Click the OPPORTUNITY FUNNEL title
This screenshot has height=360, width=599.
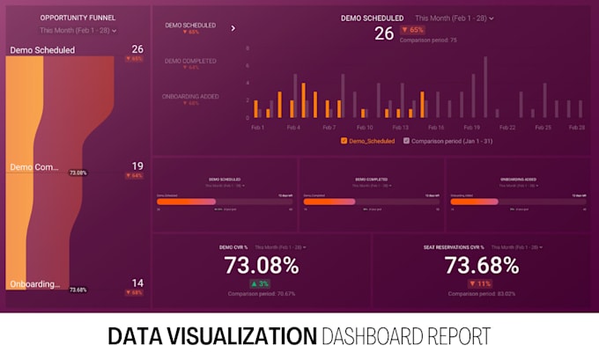click(x=77, y=18)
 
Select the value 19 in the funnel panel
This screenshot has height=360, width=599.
click(x=137, y=165)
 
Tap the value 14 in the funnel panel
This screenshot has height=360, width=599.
click(x=137, y=283)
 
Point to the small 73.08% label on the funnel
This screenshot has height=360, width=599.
click(x=78, y=173)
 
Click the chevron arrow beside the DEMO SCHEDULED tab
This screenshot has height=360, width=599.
click(x=233, y=28)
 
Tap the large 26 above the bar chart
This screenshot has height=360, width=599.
click(x=384, y=33)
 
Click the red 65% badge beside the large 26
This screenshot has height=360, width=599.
click(x=411, y=30)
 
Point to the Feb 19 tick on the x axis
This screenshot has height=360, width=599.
click(x=472, y=128)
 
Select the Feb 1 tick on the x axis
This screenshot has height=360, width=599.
click(x=257, y=128)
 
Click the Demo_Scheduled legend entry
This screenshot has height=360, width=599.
click(x=368, y=141)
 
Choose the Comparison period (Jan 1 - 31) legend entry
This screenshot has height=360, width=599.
click(x=447, y=141)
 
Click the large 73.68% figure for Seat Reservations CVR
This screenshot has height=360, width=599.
click(x=480, y=265)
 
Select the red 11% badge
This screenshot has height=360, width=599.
click(x=480, y=283)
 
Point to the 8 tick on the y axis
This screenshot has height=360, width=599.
click(x=248, y=49)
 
